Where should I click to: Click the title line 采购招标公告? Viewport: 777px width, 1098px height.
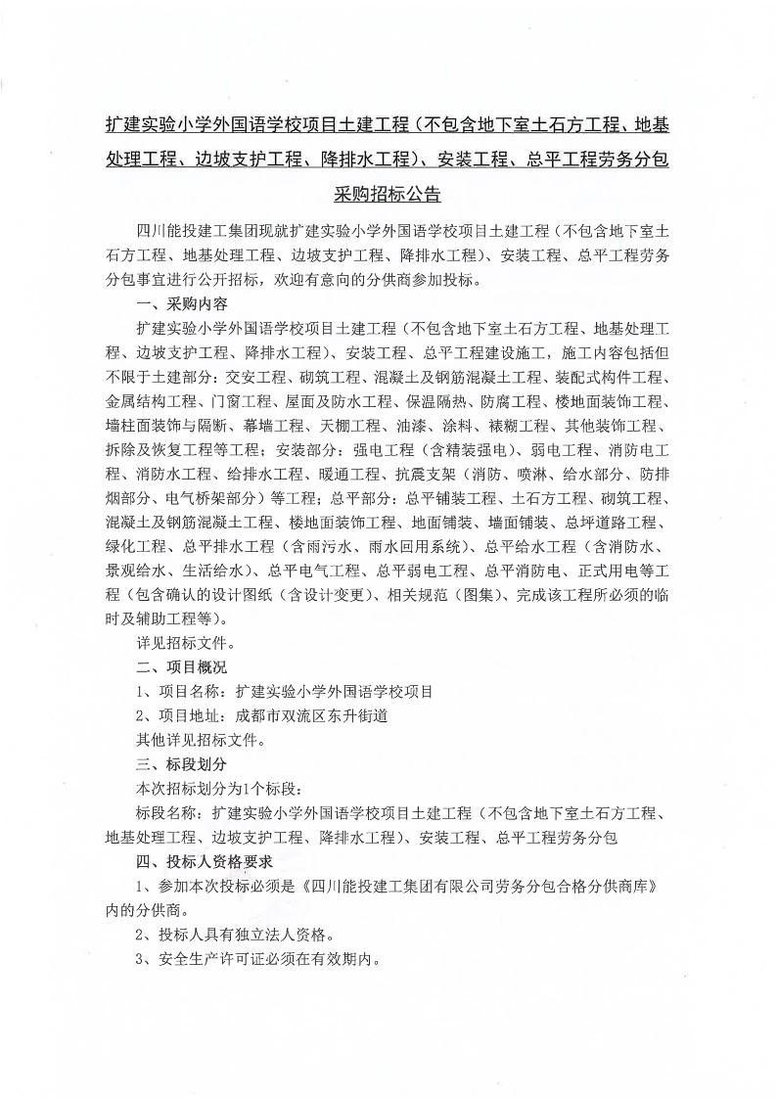(x=388, y=192)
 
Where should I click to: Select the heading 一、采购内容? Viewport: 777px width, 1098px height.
(x=182, y=303)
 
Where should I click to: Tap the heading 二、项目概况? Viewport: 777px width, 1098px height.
(x=182, y=667)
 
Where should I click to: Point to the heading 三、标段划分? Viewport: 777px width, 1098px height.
(x=182, y=764)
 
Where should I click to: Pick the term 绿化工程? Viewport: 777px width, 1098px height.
(x=139, y=546)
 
